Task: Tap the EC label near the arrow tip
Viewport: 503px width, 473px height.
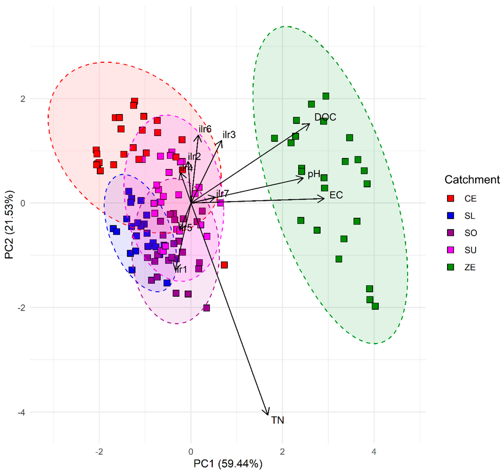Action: tap(336, 195)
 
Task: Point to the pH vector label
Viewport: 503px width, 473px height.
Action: tap(314, 174)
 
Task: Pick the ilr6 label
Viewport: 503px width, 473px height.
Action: tap(205, 129)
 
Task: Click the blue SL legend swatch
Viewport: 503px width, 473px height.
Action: tap(450, 216)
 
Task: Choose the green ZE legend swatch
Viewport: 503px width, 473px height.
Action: tap(450, 267)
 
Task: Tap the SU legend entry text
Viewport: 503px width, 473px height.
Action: tap(470, 250)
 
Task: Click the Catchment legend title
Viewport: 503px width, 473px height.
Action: tap(472, 180)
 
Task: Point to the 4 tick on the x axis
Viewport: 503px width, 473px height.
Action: tap(374, 452)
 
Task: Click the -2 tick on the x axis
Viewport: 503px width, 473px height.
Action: tap(99, 452)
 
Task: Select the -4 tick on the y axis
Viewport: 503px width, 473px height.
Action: tap(21, 412)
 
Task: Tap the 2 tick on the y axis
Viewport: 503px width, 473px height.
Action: tap(23, 99)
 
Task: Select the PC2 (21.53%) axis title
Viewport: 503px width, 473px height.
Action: tap(9, 225)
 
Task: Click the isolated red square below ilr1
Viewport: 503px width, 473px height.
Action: tap(224, 265)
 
